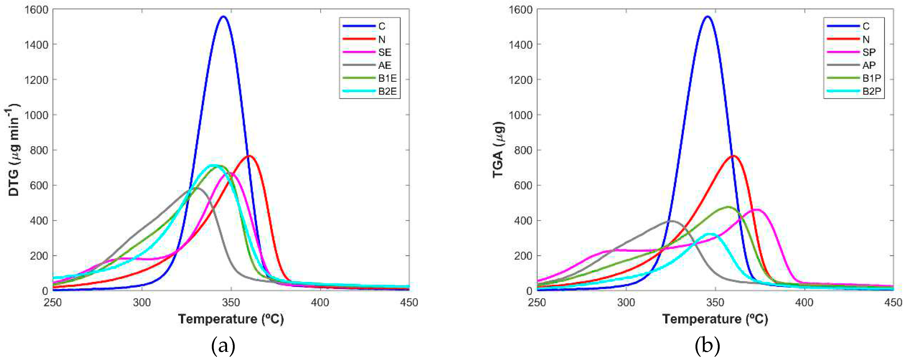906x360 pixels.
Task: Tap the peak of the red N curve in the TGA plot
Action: (733, 156)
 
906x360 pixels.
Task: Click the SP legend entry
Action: (869, 52)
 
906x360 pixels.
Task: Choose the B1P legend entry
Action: (872, 78)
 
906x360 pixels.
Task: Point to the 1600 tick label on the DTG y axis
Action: (36, 9)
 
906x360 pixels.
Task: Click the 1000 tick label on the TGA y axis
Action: (520, 115)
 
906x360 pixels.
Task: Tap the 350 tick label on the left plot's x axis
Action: (231, 302)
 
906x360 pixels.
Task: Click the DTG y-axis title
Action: (14, 150)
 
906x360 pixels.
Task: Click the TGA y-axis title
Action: (499, 150)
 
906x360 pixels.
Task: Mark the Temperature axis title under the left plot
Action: (231, 319)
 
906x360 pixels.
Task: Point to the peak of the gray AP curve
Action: (672, 221)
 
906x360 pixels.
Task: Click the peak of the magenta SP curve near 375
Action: (756, 210)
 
